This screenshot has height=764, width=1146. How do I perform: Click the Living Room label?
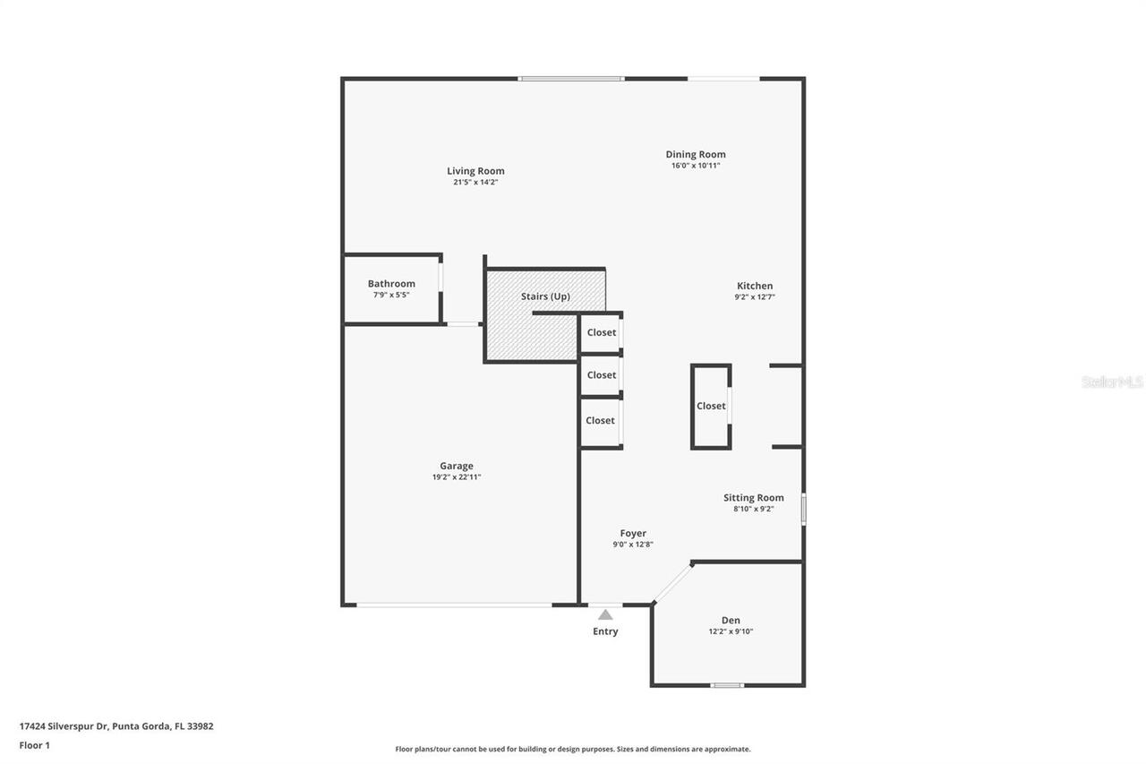(x=475, y=171)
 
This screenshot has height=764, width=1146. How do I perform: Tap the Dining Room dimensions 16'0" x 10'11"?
(x=696, y=166)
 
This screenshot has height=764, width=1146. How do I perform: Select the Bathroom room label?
(x=391, y=284)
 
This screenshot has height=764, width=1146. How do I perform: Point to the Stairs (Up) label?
(x=545, y=296)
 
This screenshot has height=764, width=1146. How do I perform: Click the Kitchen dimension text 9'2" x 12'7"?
(x=755, y=297)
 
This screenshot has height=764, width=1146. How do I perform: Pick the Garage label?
(x=456, y=466)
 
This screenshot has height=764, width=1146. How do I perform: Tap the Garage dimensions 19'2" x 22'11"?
(x=457, y=477)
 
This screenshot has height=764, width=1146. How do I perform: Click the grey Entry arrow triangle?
(x=605, y=614)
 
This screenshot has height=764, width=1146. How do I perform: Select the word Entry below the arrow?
(x=605, y=631)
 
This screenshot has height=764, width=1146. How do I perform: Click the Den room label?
(x=731, y=620)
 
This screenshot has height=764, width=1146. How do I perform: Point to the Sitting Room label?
(x=753, y=498)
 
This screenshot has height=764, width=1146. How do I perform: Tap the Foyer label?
(x=633, y=533)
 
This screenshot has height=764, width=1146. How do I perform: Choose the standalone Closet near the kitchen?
(x=711, y=406)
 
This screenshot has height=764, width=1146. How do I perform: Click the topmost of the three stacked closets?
(x=602, y=332)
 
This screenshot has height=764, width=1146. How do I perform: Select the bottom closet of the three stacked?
(x=600, y=420)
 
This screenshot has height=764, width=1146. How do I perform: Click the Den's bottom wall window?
(x=727, y=686)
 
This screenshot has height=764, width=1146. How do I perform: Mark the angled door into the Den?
(x=672, y=582)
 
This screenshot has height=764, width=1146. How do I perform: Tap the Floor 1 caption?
(x=34, y=745)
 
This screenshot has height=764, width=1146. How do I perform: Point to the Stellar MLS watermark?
(x=1112, y=382)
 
